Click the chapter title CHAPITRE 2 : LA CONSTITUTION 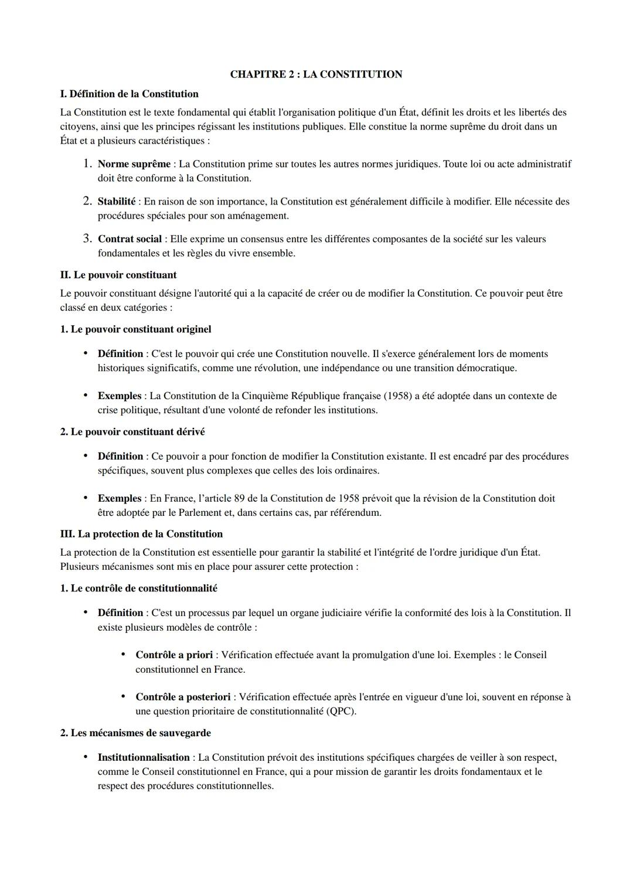(316, 74)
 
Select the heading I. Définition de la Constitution (129, 94)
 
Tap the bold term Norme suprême (134, 164)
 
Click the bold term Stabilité (116, 202)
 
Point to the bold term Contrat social (130, 239)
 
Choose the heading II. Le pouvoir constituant (118, 275)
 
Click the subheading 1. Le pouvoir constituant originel (135, 329)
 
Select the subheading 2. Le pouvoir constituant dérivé (132, 432)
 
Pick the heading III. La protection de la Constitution (141, 534)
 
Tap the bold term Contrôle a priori (174, 655)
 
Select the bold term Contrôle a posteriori (183, 697)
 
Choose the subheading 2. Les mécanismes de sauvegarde (135, 733)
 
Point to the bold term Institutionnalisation (144, 758)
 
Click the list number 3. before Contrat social (87, 239)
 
